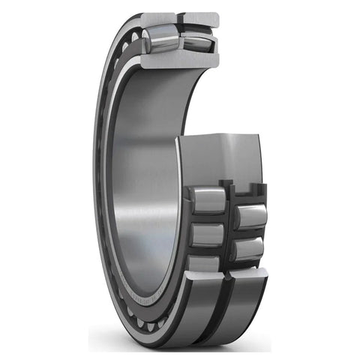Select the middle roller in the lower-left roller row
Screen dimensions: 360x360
pyautogui.click(x=205, y=235)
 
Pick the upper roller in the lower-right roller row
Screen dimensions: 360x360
pyautogui.click(x=250, y=216)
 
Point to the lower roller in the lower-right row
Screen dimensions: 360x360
pyautogui.click(x=249, y=249)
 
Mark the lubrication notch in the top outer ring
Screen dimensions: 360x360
pyautogui.click(x=178, y=16)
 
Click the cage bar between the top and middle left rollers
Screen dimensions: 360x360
pyautogui.click(x=205, y=218)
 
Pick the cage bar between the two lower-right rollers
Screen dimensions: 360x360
pyautogui.click(x=250, y=233)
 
